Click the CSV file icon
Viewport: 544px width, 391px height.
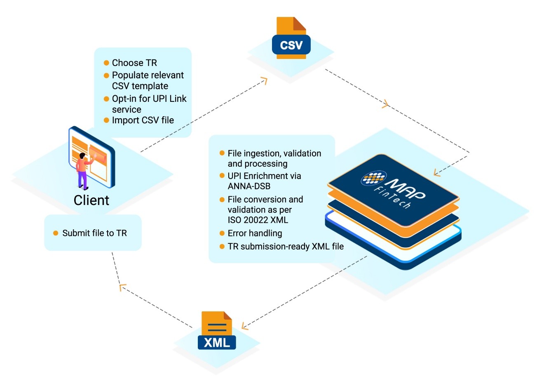(291, 39)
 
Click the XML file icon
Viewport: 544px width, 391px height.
(217, 332)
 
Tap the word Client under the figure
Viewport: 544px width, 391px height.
(91, 200)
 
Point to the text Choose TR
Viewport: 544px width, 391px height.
(134, 63)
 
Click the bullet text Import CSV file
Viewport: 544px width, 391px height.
(143, 120)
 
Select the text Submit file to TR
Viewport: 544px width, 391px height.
(94, 233)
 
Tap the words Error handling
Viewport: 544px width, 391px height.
(255, 233)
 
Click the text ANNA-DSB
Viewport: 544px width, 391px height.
(249, 186)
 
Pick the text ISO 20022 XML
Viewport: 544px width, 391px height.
(258, 220)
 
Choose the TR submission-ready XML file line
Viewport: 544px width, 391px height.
(286, 247)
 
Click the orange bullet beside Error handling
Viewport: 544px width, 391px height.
(222, 233)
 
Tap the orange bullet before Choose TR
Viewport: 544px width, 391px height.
(106, 63)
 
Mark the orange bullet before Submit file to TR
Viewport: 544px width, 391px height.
(56, 233)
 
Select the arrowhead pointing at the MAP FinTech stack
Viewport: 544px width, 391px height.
(437, 172)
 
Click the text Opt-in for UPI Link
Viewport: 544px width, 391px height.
(149, 99)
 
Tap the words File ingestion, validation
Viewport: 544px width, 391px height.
(274, 153)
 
